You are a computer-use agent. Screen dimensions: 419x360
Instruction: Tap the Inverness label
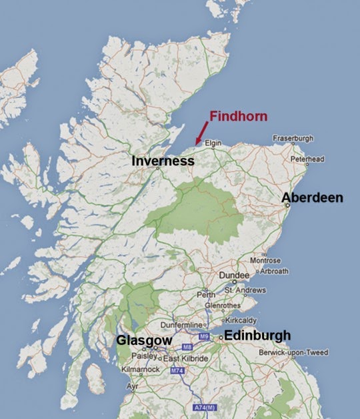coord(163,161)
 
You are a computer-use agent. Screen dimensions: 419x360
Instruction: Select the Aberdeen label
coord(312,198)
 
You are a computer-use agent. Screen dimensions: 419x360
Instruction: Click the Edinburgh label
coord(257,335)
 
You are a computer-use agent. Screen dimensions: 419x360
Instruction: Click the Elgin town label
coord(213,143)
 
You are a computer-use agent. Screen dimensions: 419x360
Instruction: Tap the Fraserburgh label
coord(292,139)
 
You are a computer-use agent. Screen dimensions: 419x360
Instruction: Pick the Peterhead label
coord(307,160)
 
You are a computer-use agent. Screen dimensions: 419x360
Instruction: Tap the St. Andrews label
coord(245,290)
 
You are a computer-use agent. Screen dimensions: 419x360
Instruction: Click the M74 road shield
coord(177,371)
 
